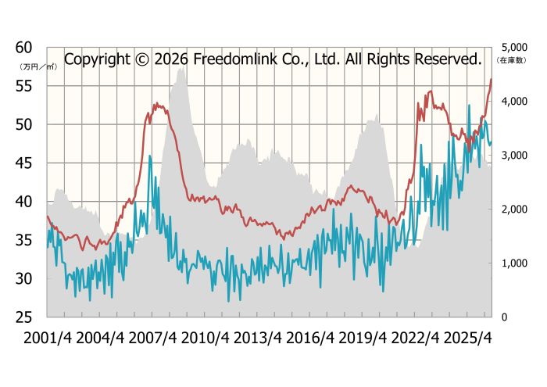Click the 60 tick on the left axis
tap(23, 48)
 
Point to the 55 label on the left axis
tap(23, 86)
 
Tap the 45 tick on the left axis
tap(23, 163)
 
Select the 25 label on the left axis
tap(23, 317)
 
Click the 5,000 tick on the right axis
tap(514, 48)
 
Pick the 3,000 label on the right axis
tap(514, 156)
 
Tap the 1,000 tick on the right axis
tap(514, 263)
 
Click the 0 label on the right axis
tap(504, 317)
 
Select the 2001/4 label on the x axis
tap(48, 338)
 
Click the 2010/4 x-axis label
tap(205, 338)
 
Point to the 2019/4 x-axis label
tap(363, 338)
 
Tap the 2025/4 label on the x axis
tap(468, 338)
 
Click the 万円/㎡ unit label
tap(38, 67)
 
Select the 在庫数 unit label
tap(511, 60)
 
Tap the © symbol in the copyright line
tap(142, 59)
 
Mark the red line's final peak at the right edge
tap(492, 79)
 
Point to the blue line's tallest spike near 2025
tap(469, 105)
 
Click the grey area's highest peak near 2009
tap(181, 68)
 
